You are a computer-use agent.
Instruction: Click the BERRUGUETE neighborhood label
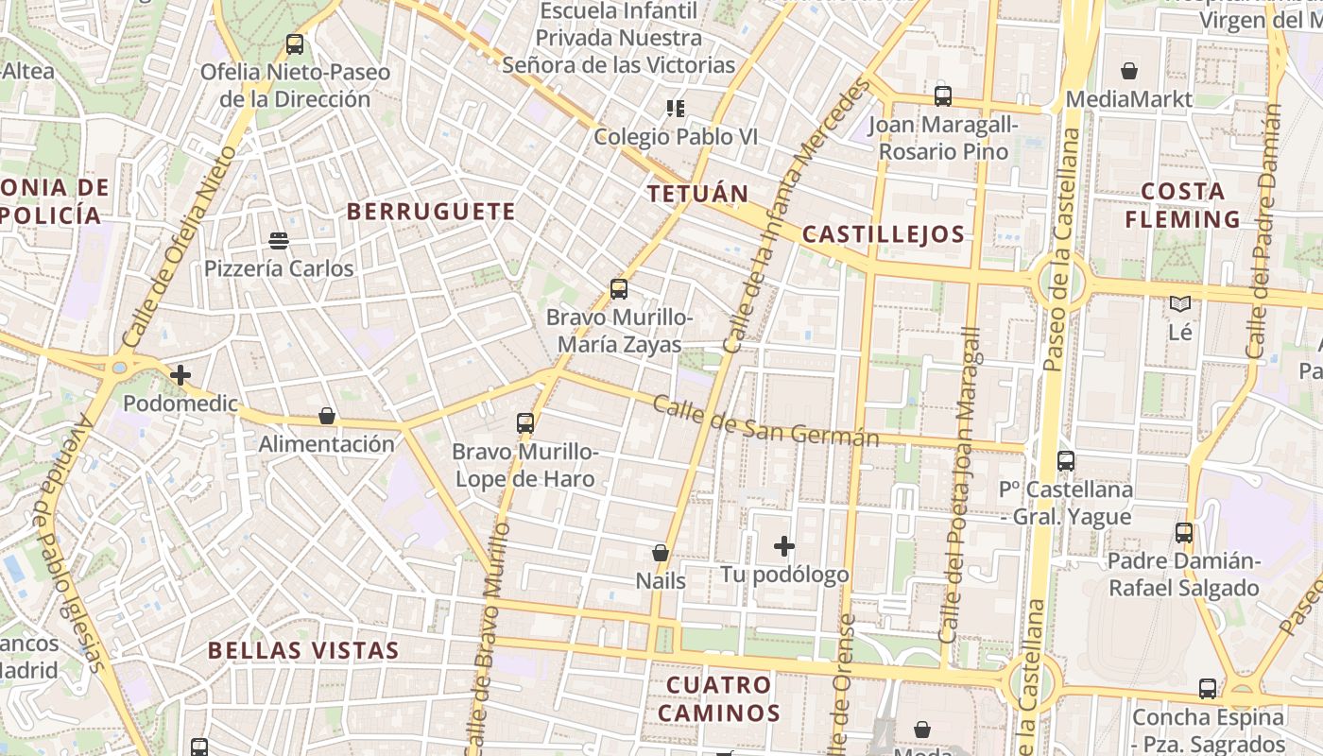coord(431,212)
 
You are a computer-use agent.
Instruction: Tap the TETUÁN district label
coord(698,195)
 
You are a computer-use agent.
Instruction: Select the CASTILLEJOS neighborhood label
coord(884,234)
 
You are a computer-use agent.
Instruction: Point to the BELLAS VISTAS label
coord(303,650)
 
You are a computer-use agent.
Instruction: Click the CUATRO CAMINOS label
coord(719,698)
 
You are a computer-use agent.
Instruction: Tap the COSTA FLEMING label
coord(1183,205)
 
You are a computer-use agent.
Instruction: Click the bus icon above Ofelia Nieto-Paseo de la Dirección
coord(295,43)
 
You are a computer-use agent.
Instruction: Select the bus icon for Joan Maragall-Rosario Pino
coord(942,95)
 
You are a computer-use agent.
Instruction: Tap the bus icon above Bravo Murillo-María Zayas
coord(619,289)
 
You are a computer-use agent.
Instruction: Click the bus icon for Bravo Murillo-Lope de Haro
coord(525,423)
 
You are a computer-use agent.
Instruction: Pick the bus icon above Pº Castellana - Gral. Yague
coord(1066,461)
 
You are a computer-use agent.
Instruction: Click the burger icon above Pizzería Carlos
coord(279,240)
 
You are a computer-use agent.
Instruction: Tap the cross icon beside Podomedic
coord(180,375)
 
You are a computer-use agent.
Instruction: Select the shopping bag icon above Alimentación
coord(327,416)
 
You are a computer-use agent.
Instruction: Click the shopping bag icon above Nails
coord(661,553)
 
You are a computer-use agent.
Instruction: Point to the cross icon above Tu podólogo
coord(784,546)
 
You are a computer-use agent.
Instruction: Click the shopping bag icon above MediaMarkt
coord(1128,71)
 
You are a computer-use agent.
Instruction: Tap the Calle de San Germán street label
coord(766,422)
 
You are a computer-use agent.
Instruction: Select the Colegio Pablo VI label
coord(676,137)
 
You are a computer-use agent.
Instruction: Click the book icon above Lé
coord(1179,304)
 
